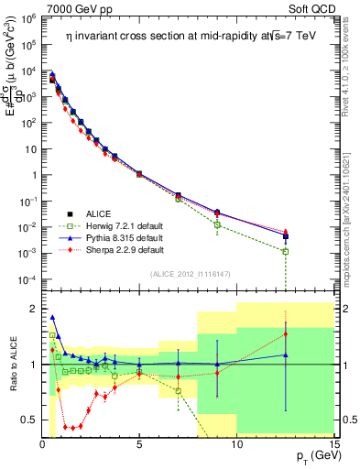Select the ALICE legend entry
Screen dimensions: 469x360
point(100,213)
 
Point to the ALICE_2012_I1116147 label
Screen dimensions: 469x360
point(186,273)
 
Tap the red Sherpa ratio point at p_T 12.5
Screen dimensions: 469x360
point(286,333)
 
